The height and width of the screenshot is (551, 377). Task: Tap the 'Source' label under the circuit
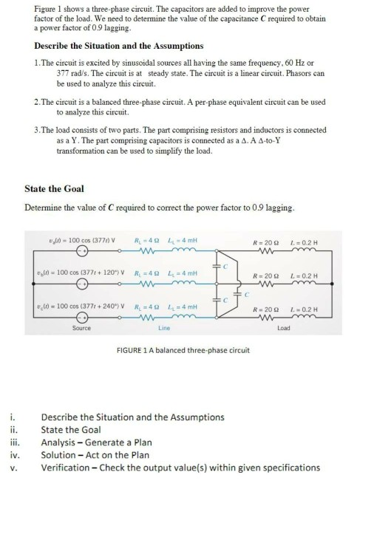pos(81,327)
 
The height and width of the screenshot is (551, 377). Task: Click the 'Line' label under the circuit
pos(164,327)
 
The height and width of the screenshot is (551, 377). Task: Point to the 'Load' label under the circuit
pos(296,327)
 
